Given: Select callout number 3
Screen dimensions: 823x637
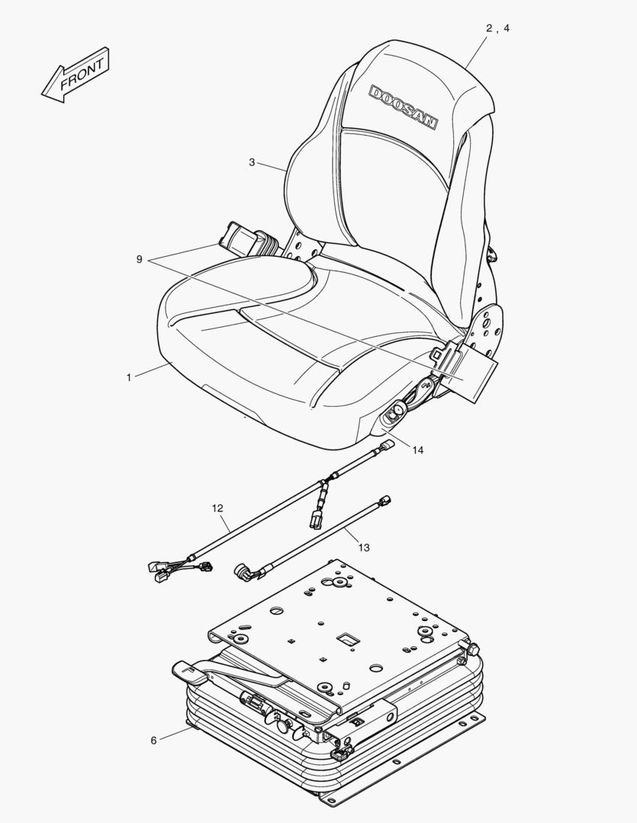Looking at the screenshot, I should (x=252, y=162).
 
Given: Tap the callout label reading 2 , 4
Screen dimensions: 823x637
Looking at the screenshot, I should (x=497, y=28).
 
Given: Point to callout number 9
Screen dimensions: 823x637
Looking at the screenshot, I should (x=140, y=260).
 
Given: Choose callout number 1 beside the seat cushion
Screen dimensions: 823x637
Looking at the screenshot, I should (x=129, y=376).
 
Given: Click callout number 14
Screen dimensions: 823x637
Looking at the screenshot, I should (x=417, y=450).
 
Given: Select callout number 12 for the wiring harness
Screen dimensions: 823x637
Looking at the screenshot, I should (x=218, y=508).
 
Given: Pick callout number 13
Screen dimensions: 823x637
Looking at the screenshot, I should (x=363, y=547).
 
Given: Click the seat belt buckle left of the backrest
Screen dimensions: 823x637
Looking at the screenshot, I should (x=243, y=239).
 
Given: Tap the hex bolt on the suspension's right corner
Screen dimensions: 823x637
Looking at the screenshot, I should (x=471, y=648).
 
